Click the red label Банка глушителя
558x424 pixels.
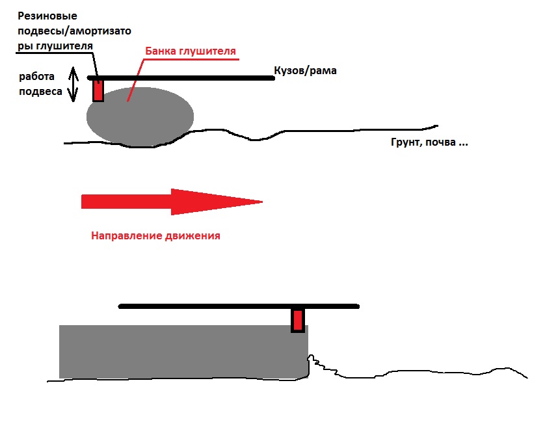(190, 50)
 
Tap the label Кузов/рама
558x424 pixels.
(306, 70)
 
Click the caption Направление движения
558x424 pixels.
(155, 235)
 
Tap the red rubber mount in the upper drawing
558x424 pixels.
(98, 90)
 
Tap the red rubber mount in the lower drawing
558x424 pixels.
(298, 320)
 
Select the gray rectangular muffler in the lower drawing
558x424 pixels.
(182, 351)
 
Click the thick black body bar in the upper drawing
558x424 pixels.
(182, 77)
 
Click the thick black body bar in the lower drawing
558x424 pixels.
(239, 306)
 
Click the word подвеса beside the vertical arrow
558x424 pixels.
(40, 92)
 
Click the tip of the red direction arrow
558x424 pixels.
(260, 202)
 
